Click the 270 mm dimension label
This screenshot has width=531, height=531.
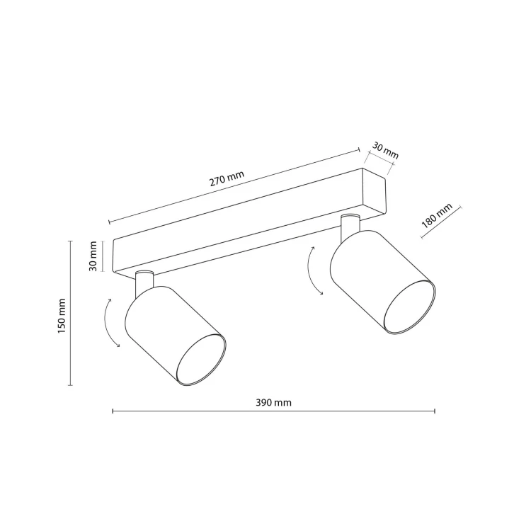[x=227, y=178]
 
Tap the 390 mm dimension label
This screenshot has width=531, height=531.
[x=273, y=403]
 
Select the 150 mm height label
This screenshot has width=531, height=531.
[x=62, y=316]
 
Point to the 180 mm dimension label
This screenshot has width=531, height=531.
[x=437, y=216]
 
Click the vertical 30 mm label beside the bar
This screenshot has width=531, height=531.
[x=93, y=256]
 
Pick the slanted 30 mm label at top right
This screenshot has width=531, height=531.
[x=385, y=150]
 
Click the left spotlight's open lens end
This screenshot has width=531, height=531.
[x=202, y=360]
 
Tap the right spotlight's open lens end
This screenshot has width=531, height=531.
[x=409, y=307]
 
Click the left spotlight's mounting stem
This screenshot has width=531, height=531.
[x=144, y=283]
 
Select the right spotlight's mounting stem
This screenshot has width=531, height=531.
[x=350, y=227]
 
